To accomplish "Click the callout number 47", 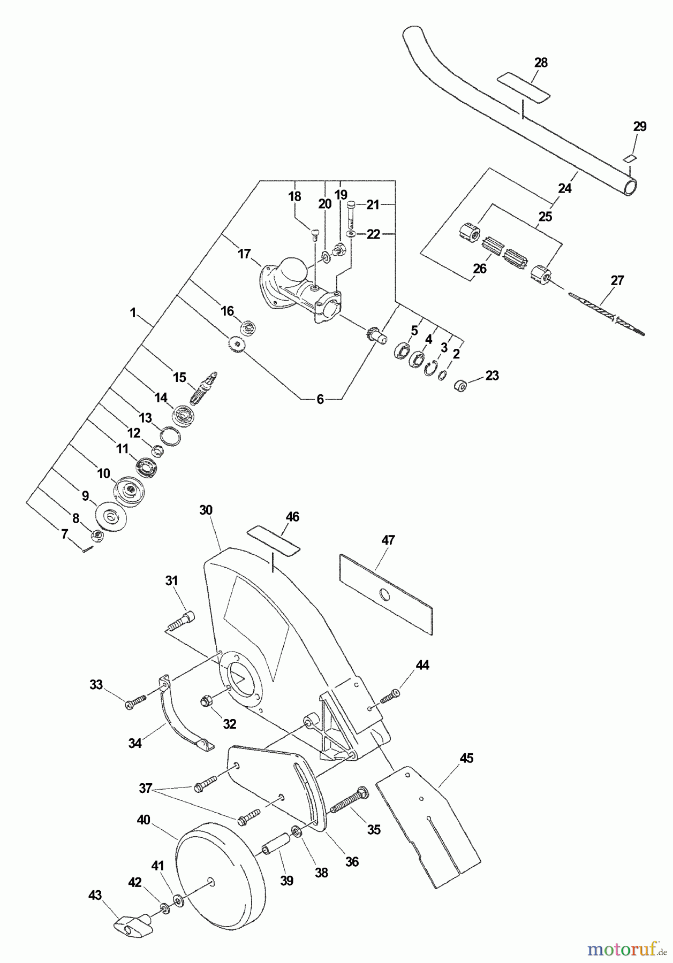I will [388, 540].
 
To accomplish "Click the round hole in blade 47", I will [384, 594].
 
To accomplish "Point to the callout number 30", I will [206, 510].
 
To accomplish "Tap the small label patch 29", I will [630, 158].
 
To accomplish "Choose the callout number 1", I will [133, 313].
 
